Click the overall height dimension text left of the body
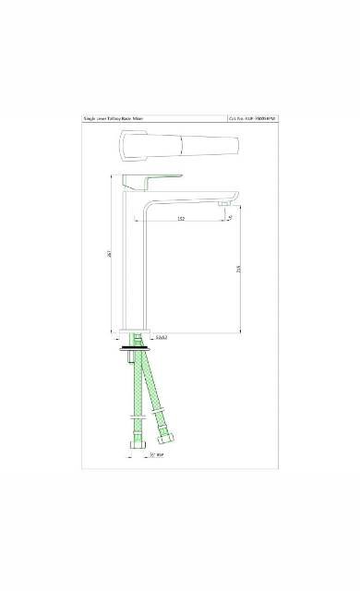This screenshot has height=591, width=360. (109, 258)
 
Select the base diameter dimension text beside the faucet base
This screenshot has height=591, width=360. (161, 338)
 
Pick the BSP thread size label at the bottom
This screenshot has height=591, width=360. (155, 454)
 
